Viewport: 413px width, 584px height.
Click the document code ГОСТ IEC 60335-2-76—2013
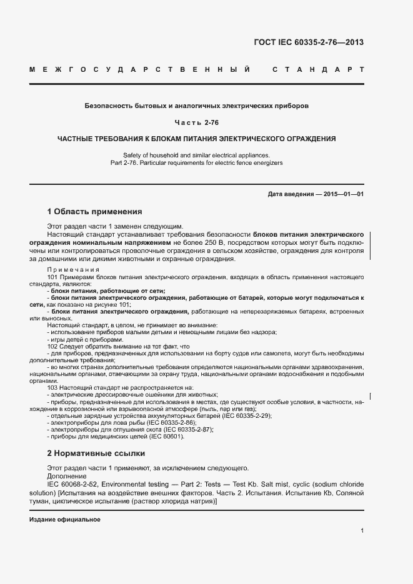(x=308, y=42)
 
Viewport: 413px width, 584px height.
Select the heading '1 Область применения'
(x=94, y=212)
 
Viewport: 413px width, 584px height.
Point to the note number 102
(x=52, y=346)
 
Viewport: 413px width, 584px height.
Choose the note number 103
(x=52, y=388)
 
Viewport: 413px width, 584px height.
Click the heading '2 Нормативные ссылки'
(x=96, y=453)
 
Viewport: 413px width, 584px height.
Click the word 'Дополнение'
(x=67, y=475)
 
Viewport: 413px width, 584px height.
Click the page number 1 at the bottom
(x=362, y=530)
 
